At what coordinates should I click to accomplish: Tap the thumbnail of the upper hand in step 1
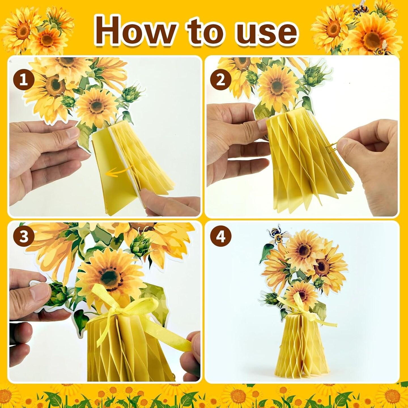[x=72, y=133]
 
